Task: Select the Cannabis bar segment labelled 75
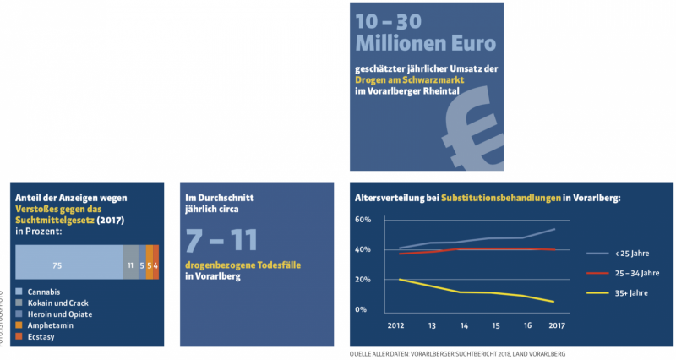69,265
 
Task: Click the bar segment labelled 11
130,265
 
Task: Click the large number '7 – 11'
221,240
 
